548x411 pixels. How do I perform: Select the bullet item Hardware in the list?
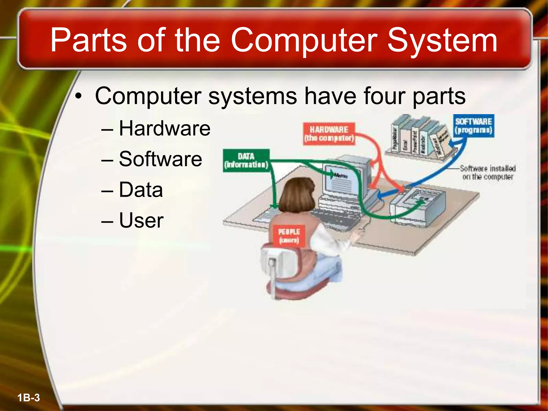click(164, 128)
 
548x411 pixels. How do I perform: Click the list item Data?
click(141, 189)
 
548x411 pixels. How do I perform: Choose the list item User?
click(141, 220)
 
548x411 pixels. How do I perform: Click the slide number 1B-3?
click(29, 398)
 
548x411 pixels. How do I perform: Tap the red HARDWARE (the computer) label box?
click(329, 134)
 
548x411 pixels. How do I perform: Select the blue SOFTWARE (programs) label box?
click(473, 126)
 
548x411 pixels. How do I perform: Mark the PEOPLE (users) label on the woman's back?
click(289, 236)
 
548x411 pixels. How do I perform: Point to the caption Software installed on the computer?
click(488, 173)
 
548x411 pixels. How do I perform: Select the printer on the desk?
click(417, 206)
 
